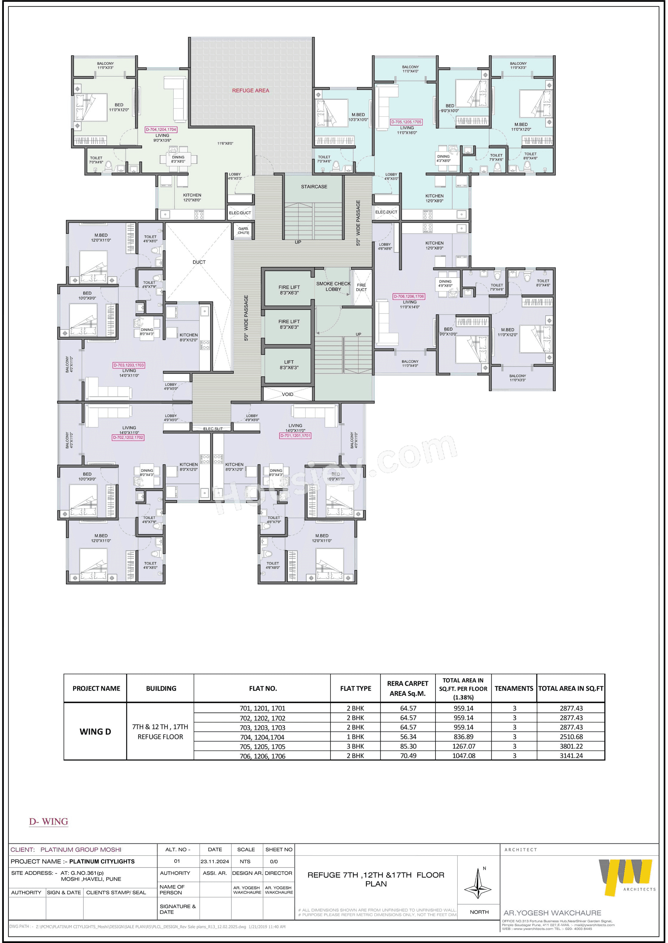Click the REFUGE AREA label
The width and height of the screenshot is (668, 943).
pos(250,90)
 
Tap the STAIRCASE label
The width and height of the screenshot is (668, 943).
pos(314,187)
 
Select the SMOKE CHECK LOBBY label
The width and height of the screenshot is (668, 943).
pos(333,286)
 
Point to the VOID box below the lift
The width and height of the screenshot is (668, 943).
pos(287,394)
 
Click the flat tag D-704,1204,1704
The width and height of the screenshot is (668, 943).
pos(161,129)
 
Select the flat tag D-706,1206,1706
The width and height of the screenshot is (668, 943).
pos(408,296)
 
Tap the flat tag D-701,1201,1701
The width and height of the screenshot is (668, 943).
pos(295,435)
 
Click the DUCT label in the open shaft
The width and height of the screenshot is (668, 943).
pos(199,262)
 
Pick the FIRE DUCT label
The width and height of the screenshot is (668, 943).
pos(361,287)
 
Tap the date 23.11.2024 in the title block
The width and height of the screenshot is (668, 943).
pos(215,861)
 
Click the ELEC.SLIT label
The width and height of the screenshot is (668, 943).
pos(213,429)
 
